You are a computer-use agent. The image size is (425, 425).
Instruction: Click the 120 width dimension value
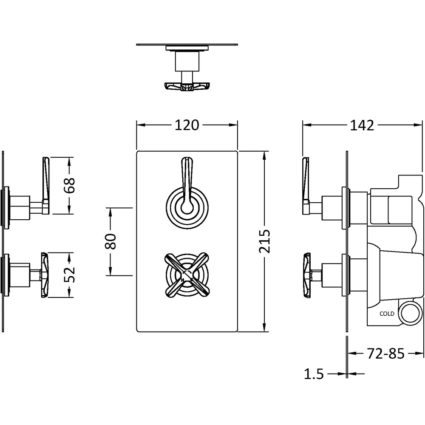(186, 125)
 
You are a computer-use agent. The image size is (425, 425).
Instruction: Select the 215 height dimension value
(264, 241)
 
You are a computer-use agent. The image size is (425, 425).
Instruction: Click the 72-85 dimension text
(386, 353)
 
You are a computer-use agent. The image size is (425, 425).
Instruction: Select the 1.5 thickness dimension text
(314, 374)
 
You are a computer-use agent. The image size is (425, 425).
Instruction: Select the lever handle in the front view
(187, 183)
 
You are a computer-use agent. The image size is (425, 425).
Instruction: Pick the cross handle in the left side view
(45, 275)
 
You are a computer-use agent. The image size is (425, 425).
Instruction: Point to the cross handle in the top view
(186, 86)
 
